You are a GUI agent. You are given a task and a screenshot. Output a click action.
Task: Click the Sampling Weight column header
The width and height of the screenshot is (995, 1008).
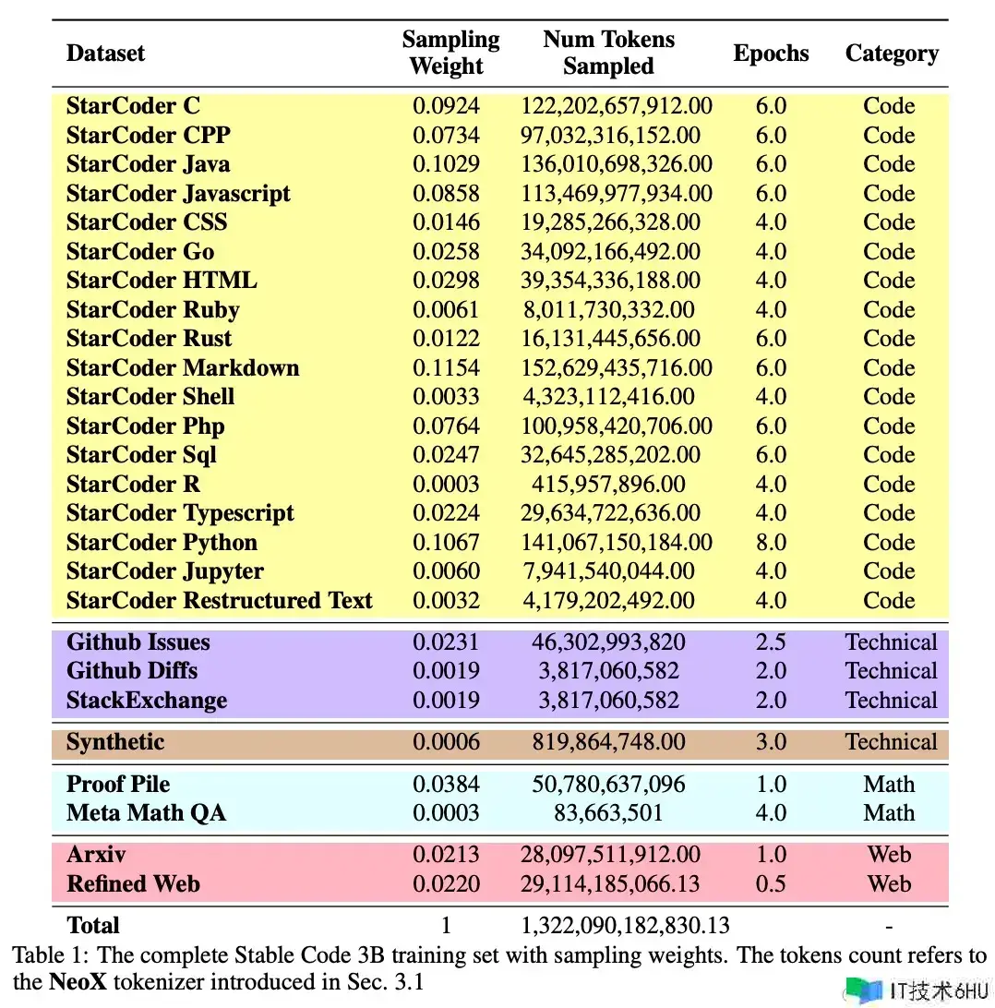click(x=450, y=53)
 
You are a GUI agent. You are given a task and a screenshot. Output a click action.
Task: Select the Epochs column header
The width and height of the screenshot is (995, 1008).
click(x=771, y=54)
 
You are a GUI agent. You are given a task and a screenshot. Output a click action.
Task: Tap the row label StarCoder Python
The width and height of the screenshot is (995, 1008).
click(x=162, y=543)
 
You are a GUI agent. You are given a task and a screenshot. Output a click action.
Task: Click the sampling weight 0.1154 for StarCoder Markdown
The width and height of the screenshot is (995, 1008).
click(x=446, y=367)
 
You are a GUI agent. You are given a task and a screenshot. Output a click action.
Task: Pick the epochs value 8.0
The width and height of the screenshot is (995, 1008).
click(x=771, y=543)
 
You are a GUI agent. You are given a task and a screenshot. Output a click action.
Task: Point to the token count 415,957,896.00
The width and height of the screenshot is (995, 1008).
click(x=608, y=484)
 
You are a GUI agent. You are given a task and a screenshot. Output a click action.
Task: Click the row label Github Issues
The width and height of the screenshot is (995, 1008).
click(x=138, y=642)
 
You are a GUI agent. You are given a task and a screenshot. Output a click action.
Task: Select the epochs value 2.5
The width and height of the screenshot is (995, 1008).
click(x=771, y=642)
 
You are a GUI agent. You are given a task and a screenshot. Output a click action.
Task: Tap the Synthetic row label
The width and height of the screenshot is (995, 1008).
click(x=115, y=742)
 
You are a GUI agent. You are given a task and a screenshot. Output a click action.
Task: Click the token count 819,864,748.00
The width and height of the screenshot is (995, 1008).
click(x=608, y=742)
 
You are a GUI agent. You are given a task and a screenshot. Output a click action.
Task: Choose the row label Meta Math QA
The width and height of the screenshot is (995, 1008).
click(x=146, y=813)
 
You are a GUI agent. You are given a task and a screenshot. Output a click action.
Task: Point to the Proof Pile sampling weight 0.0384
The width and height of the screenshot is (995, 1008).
click(x=446, y=785)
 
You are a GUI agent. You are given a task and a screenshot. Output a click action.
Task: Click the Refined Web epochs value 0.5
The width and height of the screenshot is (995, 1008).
click(x=771, y=884)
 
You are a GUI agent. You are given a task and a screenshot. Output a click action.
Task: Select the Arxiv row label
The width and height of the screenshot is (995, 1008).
click(x=96, y=855)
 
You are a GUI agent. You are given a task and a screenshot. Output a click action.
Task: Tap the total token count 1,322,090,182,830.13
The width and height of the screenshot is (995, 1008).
click(x=625, y=926)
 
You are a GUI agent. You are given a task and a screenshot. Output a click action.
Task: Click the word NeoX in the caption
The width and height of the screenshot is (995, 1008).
click(x=78, y=982)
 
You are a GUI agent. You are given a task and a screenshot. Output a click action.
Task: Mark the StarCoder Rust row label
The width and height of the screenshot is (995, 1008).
click(x=149, y=339)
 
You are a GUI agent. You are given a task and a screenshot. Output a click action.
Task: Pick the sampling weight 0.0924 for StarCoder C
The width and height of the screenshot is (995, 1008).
click(x=446, y=106)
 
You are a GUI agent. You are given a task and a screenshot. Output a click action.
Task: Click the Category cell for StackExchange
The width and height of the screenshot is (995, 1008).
click(x=891, y=701)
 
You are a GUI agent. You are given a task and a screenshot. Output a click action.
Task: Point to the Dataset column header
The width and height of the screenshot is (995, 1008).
click(x=105, y=54)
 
